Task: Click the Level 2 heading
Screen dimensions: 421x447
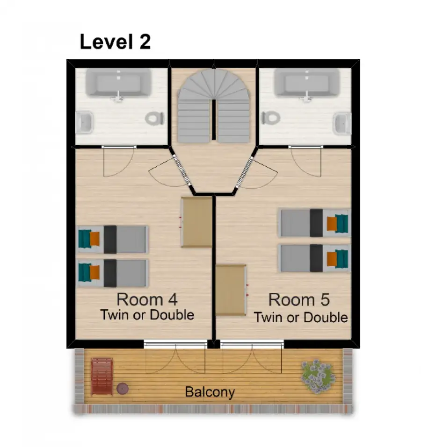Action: point(115,42)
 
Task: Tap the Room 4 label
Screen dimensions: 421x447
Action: point(147,299)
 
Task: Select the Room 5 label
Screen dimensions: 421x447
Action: point(299,300)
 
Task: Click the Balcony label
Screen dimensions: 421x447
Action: point(210,392)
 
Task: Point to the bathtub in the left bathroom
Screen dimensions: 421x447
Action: point(118,83)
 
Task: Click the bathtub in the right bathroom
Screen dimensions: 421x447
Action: point(307,83)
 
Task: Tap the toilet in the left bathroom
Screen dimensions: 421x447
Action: point(154,118)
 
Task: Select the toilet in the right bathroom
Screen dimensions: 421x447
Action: point(271,118)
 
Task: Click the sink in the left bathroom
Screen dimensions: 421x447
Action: point(84,122)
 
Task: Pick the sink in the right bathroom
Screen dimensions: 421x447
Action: point(342,123)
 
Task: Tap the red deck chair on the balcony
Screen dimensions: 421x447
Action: point(102,377)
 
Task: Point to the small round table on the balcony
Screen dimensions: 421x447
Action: point(123,388)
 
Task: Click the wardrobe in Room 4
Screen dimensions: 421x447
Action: point(197,222)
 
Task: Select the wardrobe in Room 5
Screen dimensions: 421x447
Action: point(231,290)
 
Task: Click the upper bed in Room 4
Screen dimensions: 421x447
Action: point(113,240)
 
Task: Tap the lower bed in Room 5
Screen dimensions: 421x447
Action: point(314,258)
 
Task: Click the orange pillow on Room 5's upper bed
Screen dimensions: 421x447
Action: point(332,224)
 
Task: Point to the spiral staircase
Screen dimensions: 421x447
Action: point(213,106)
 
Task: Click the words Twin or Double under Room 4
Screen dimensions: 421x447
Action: point(147,315)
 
